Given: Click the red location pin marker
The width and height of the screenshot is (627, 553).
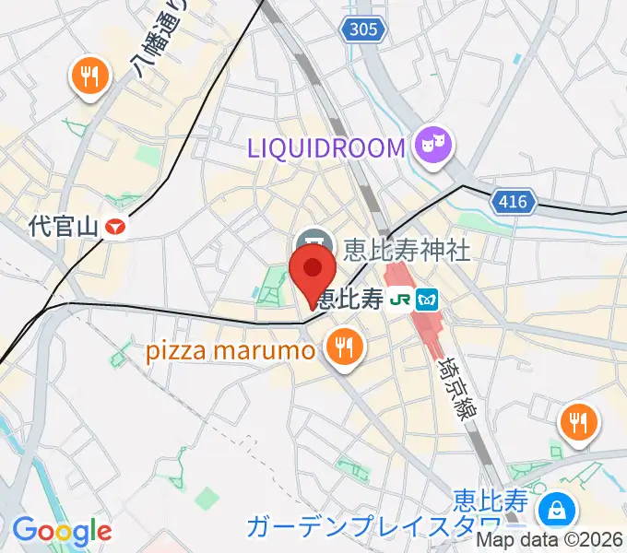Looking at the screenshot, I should [x=312, y=269].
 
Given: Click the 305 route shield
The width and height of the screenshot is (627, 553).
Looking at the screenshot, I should [x=362, y=30].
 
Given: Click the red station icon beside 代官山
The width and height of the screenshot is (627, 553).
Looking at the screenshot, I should [x=114, y=226].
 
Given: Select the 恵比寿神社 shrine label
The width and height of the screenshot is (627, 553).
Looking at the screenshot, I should [x=407, y=249].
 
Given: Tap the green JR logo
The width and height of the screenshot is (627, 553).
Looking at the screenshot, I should [x=399, y=299].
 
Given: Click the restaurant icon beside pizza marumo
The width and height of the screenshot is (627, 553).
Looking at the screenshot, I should [x=345, y=347].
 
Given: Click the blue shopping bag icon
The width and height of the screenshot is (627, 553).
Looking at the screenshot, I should [x=556, y=508].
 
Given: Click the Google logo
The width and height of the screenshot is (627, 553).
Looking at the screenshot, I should [x=62, y=530].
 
